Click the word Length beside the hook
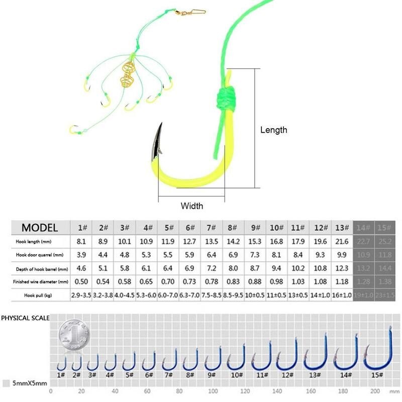[273, 130]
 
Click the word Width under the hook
[192, 206]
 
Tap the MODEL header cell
[39, 227]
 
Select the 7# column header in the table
[212, 228]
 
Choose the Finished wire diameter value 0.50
[81, 282]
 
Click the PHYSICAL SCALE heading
[25, 319]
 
